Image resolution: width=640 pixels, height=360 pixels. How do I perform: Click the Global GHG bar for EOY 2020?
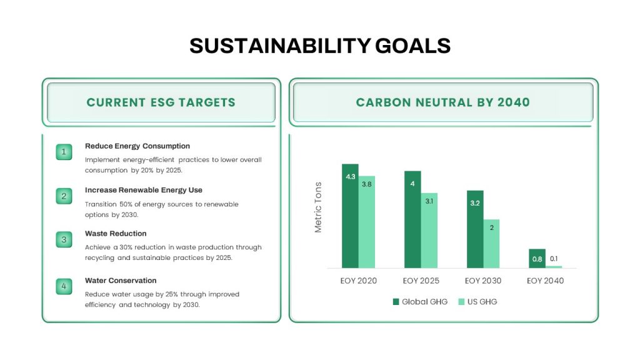click(x=350, y=216)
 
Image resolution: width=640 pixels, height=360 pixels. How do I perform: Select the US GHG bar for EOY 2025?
click(x=429, y=231)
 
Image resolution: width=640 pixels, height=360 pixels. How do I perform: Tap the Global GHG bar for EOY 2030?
click(x=475, y=229)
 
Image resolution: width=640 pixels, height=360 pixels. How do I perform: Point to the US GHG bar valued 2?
click(x=491, y=244)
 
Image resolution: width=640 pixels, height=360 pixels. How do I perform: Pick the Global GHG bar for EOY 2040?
click(x=537, y=258)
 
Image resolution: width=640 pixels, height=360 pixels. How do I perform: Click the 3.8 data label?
click(x=366, y=184)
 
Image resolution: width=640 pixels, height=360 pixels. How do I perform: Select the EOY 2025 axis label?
click(x=421, y=281)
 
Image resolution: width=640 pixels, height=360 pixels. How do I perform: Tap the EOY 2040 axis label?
click(x=545, y=281)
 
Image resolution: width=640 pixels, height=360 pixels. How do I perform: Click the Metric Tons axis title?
click(x=318, y=207)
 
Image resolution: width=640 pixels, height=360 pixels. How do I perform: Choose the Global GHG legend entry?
click(x=420, y=302)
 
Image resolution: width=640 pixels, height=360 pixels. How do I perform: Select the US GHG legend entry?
click(x=477, y=302)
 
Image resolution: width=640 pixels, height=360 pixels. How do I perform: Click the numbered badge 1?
click(x=64, y=152)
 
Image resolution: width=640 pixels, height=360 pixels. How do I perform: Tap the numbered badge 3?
click(x=64, y=239)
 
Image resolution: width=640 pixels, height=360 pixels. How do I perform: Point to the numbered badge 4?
click(x=64, y=286)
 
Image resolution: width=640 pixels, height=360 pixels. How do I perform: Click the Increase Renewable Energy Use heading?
click(x=144, y=190)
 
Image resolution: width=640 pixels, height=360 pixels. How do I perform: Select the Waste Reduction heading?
click(x=116, y=234)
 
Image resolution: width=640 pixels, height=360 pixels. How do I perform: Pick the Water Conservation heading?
click(x=121, y=281)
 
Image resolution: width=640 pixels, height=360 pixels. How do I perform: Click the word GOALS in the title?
click(x=412, y=45)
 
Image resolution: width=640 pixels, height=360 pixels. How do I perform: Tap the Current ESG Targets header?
click(x=161, y=102)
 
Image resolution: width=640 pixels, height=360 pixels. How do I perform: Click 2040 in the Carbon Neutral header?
click(x=514, y=102)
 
